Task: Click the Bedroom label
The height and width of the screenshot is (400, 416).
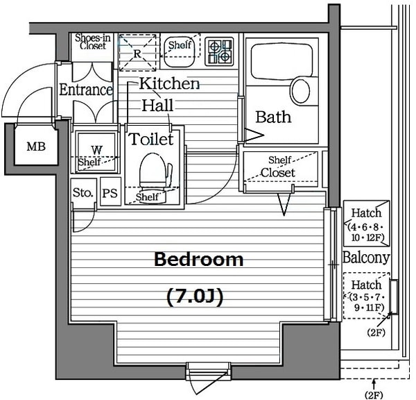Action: tap(199, 260)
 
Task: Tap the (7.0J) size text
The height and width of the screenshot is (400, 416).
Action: tap(195, 297)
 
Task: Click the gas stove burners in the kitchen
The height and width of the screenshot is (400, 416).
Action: tap(219, 51)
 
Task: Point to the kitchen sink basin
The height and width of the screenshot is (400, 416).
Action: tap(180, 52)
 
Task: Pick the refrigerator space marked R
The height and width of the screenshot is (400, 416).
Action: tap(137, 53)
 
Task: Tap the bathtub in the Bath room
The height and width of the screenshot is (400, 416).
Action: tap(281, 61)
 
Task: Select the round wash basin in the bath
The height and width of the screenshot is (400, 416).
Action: tap(301, 92)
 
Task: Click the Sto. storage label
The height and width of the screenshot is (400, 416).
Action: tap(83, 192)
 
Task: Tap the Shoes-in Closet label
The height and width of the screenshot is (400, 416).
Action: tap(93, 42)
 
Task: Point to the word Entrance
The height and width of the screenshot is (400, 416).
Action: tap(86, 90)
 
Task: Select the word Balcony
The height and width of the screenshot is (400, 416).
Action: tap(366, 258)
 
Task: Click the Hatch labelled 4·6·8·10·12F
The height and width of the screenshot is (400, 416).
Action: tap(366, 224)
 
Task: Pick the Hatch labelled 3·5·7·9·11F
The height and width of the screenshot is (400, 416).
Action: tap(366, 296)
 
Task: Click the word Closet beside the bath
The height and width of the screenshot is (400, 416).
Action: tap(278, 173)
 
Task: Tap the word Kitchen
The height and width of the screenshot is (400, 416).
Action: tap(169, 83)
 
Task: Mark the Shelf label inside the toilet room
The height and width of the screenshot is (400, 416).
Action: tap(147, 197)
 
